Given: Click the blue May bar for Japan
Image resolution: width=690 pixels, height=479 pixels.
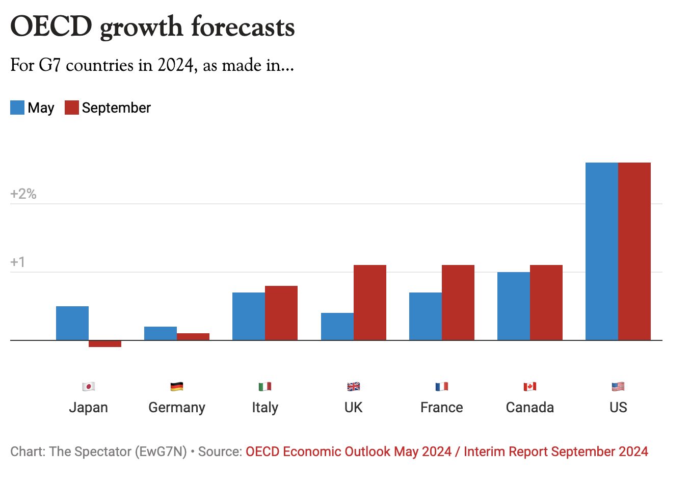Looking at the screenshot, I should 72,323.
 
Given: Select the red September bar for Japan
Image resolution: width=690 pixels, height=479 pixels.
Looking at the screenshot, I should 105,344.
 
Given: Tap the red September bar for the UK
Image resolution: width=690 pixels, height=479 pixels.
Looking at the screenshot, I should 370,303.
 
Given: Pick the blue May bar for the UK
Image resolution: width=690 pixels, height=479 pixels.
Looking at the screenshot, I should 337,327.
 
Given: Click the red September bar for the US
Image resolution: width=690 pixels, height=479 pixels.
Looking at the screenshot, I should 634,251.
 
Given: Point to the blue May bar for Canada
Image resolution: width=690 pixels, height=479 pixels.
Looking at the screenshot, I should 514,306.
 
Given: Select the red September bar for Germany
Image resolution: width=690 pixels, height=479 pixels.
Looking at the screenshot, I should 193,337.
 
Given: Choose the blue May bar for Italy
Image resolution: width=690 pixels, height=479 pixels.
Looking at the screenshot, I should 249,316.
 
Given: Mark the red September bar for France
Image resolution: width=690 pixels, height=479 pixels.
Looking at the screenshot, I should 458,303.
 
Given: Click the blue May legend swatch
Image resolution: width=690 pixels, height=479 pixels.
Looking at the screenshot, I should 17,108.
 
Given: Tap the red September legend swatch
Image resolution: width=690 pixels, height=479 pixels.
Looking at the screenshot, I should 72,108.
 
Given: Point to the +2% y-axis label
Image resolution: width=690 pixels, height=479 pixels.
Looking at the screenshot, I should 23,194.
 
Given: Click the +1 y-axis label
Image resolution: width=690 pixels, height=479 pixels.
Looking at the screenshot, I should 18,262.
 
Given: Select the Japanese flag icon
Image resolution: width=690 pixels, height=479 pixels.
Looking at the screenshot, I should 89,387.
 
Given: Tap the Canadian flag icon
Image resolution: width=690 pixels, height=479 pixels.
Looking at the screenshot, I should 530,387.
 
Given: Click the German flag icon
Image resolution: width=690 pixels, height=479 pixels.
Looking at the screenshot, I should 177,387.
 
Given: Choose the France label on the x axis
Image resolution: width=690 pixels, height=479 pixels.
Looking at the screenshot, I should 442,408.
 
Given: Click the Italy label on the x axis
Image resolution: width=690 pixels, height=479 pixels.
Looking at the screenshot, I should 265,408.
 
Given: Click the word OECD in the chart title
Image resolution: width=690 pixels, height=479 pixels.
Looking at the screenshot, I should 51,26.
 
